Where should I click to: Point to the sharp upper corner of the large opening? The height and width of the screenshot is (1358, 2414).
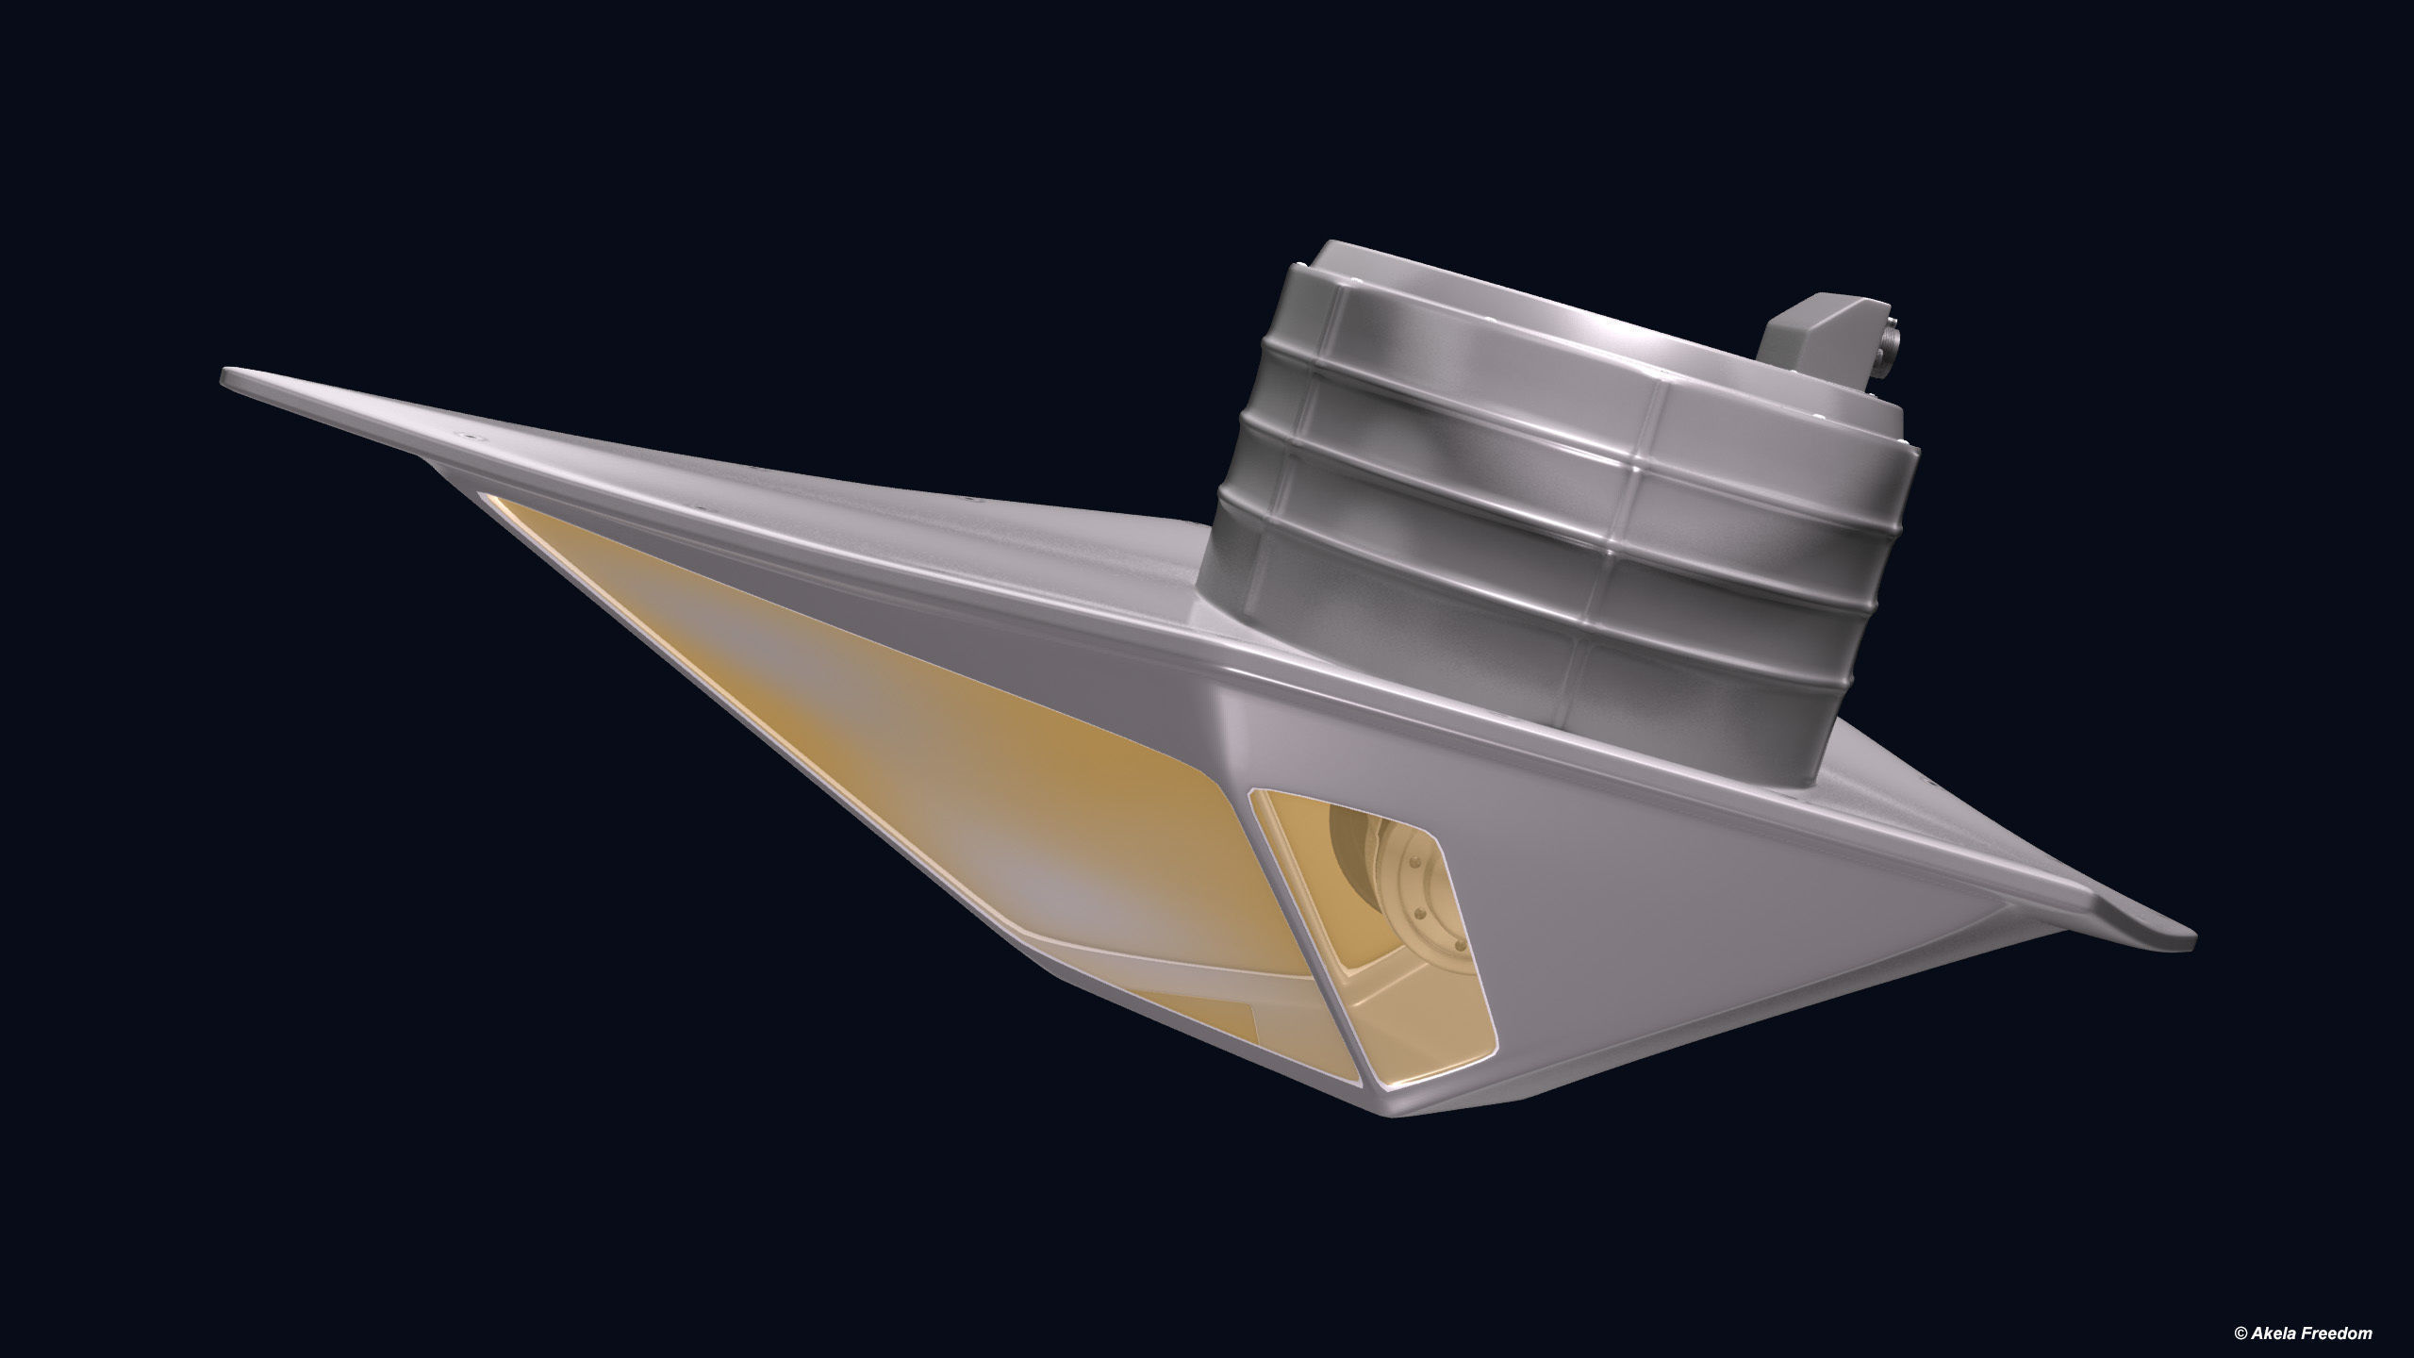[483, 495]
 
